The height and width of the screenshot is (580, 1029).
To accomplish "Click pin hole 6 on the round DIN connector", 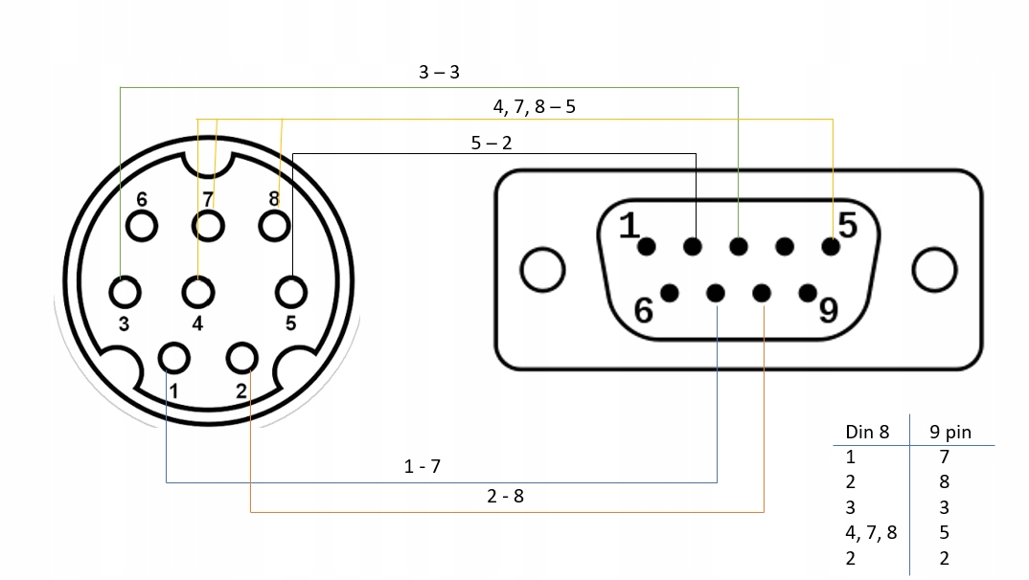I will click(x=142, y=225).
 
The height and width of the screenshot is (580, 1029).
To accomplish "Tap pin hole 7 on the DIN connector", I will click(x=208, y=225).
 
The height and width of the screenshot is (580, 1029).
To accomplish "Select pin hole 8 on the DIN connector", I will click(x=274, y=225).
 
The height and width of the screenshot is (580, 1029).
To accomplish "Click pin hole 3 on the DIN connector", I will click(x=124, y=291).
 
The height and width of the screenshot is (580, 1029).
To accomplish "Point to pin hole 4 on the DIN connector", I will click(x=198, y=291).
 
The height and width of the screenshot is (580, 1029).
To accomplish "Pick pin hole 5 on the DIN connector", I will click(x=290, y=291).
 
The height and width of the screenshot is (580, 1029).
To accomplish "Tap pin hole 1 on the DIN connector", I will click(x=173, y=358).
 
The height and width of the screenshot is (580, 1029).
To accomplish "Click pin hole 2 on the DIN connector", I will click(x=240, y=358).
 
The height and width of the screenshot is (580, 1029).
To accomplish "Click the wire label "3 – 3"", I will click(x=439, y=73).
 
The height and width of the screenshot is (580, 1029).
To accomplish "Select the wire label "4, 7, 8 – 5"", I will click(x=534, y=105).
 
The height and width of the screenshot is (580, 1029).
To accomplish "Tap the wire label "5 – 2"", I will click(x=492, y=144).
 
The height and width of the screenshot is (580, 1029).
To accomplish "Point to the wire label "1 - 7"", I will click(x=422, y=467).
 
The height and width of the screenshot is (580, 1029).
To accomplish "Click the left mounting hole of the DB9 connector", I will click(x=542, y=270).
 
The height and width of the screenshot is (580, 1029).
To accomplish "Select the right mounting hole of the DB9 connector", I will click(x=934, y=270).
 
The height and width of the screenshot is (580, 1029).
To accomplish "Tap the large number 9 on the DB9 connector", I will click(x=827, y=310).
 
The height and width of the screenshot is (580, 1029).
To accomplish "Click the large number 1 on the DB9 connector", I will click(x=629, y=227).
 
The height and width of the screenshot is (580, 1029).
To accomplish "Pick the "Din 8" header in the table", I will click(x=867, y=432).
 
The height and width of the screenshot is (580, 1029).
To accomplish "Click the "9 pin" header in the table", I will click(x=949, y=432).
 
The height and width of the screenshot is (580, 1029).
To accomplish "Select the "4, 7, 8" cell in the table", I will click(x=870, y=532).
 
